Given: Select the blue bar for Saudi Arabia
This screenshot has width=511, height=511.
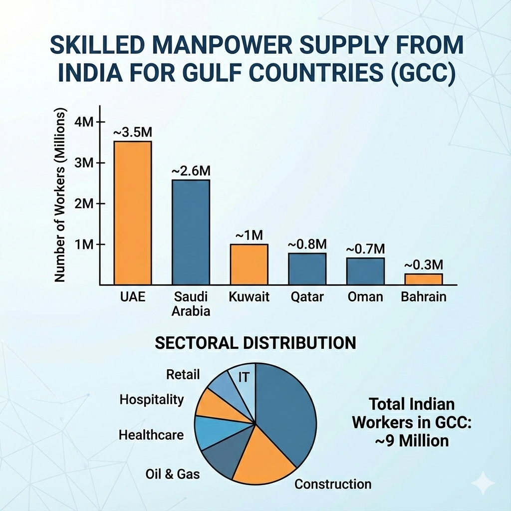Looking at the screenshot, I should pos(191,232).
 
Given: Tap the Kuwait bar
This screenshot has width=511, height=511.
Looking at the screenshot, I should pos(249,264).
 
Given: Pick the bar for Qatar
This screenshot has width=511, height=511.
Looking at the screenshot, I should pos(307,269).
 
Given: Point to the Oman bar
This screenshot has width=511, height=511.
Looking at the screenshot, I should pos(366,271).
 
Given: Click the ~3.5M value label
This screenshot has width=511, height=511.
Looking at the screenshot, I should pos(132,134).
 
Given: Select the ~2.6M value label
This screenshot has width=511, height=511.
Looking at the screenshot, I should pos(191,171).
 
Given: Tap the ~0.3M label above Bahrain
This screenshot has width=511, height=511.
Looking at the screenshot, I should pos(424,264).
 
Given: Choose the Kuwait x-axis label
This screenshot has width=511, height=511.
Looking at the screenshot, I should pos(249,297).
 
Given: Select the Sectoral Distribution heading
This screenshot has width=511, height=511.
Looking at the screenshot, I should pos(255,343).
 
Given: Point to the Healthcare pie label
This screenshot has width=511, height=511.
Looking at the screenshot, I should pos(151,435).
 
